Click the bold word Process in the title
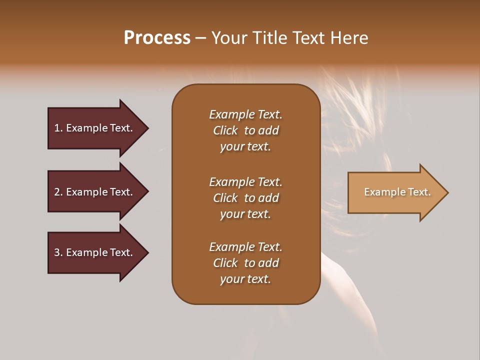click(x=157, y=38)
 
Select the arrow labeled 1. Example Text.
click(x=93, y=128)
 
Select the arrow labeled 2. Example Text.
click(x=93, y=192)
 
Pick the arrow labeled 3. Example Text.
click(x=93, y=252)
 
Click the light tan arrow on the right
click(x=395, y=192)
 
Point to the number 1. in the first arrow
click(x=58, y=128)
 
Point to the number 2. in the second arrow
click(x=58, y=192)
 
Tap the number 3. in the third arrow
click(x=58, y=252)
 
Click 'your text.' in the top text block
click(x=245, y=147)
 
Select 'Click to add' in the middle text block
click(x=245, y=198)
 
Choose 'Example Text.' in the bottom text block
click(x=245, y=247)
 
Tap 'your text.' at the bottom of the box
click(x=245, y=279)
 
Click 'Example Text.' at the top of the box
click(x=245, y=114)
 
